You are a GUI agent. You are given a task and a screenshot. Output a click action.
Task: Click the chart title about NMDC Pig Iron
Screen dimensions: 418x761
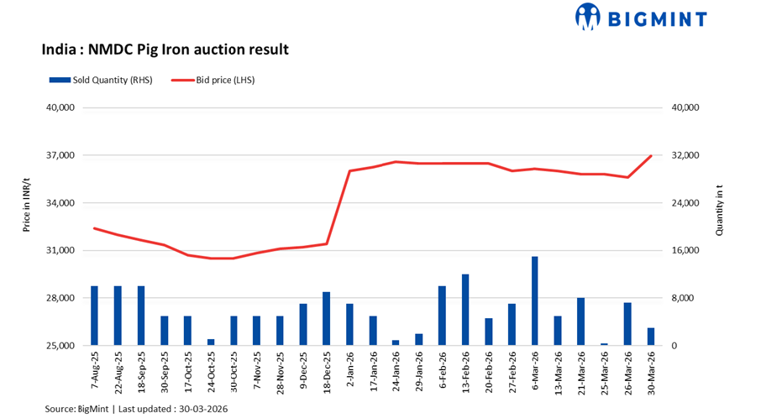pyautogui.click(x=165, y=50)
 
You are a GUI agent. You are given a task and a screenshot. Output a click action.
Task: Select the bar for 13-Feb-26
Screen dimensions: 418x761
pyautogui.click(x=464, y=310)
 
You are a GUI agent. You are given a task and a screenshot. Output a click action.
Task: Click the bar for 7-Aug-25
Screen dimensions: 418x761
pyautogui.click(x=94, y=316)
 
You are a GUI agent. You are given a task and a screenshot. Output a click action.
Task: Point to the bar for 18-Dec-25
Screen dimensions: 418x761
pyautogui.click(x=326, y=319)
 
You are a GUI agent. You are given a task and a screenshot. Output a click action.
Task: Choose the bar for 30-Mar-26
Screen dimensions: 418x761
pyautogui.click(x=650, y=337)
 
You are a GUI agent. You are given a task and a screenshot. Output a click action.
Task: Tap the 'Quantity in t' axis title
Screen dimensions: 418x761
pyautogui.click(x=719, y=212)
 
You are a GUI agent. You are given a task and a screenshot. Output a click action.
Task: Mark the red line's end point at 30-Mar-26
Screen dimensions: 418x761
pyautogui.click(x=650, y=156)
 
